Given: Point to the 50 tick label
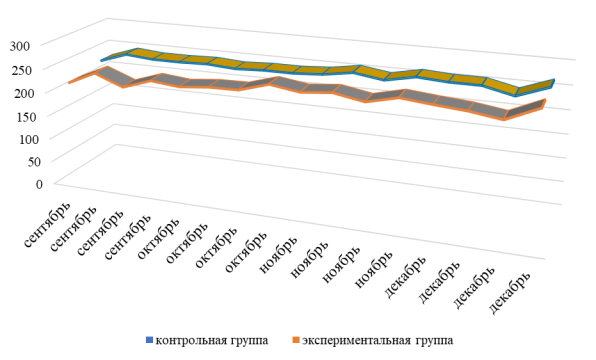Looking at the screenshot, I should [x=35, y=160].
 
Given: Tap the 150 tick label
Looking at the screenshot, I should [x=32, y=114].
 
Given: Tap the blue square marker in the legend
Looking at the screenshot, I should [x=147, y=340].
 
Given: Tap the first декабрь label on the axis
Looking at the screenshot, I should [x=410, y=282].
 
